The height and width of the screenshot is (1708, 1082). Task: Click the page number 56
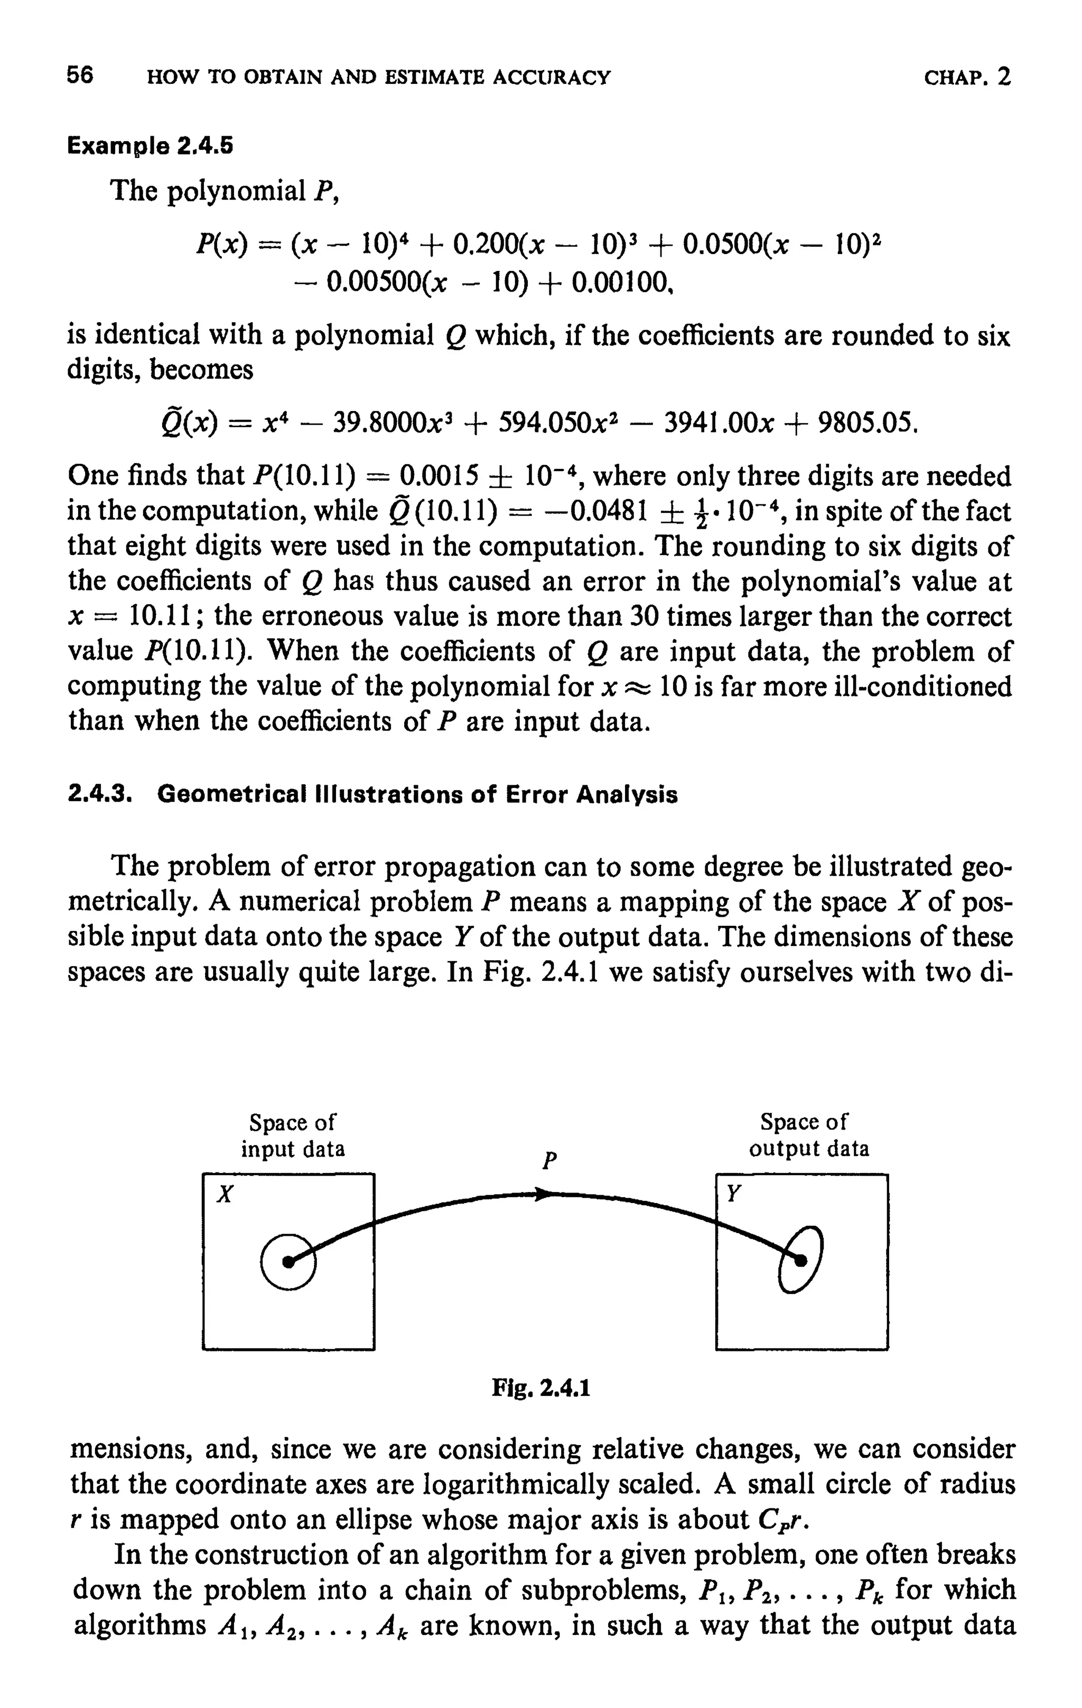(80, 76)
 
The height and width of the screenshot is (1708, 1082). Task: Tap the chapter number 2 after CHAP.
(1003, 76)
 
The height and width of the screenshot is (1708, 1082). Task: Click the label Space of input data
(292, 1135)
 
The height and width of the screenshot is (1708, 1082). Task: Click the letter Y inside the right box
(734, 1194)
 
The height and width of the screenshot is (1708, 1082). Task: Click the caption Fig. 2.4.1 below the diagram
(540, 1387)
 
